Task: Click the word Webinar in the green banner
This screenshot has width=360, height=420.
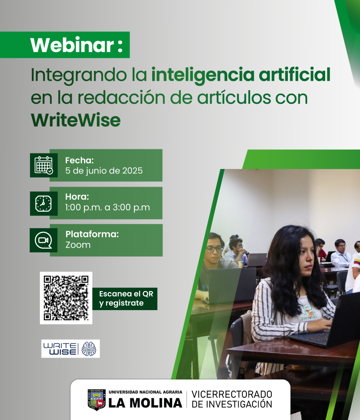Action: coord(72,45)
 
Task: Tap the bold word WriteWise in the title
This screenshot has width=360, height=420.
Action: coord(76,120)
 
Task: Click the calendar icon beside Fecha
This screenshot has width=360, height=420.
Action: coord(43,165)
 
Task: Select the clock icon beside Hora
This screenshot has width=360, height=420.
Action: coord(43,203)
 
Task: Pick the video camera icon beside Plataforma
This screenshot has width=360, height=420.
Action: coord(43,240)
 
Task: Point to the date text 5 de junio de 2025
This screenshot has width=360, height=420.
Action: coord(104,171)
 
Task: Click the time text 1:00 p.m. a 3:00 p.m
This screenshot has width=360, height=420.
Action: coord(107,208)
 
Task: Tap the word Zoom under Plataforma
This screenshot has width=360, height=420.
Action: coord(78,245)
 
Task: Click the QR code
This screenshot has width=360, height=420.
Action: coord(66,298)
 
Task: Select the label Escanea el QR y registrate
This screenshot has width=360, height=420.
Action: coord(126,299)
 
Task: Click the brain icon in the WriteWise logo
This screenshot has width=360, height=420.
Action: coord(89,349)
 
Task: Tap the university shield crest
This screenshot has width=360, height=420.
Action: coord(97,399)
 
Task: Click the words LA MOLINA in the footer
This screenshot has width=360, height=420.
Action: coord(145,403)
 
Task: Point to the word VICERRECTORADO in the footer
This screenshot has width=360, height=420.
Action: coord(232,394)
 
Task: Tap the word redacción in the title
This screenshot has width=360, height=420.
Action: coord(121,97)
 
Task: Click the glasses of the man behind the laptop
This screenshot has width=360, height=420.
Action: coord(214,249)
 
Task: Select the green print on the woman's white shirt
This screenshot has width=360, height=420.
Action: coord(308,312)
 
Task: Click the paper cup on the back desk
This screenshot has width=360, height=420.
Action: coord(241,264)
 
